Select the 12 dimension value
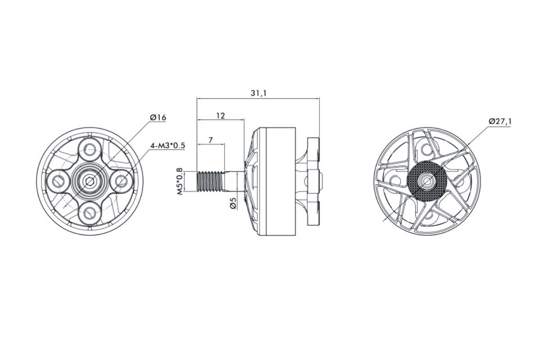point(220,116)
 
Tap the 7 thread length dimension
point(210,140)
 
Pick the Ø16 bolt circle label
point(158,117)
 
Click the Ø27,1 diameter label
point(500,121)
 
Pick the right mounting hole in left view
point(122,181)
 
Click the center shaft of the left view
point(90,181)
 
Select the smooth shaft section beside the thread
point(233,181)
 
